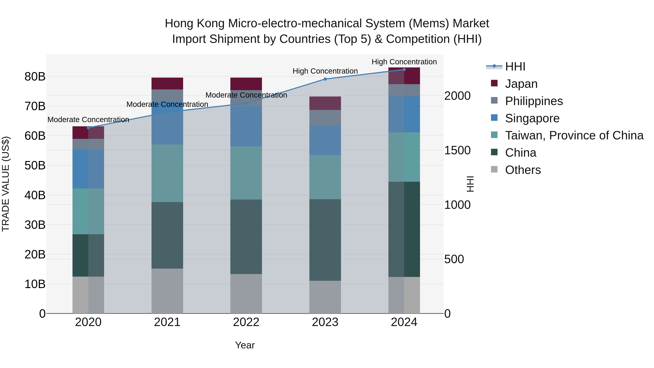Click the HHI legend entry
(x=515, y=67)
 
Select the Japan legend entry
(x=521, y=84)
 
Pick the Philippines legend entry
(x=534, y=101)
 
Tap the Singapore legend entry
(x=532, y=118)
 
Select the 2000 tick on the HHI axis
(x=457, y=96)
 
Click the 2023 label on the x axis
(x=325, y=322)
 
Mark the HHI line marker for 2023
(x=325, y=79)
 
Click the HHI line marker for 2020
(x=88, y=128)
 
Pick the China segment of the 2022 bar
(x=246, y=236)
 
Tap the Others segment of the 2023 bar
(x=325, y=297)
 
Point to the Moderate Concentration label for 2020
(x=88, y=119)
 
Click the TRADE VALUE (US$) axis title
(x=6, y=184)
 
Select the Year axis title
(x=245, y=345)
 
